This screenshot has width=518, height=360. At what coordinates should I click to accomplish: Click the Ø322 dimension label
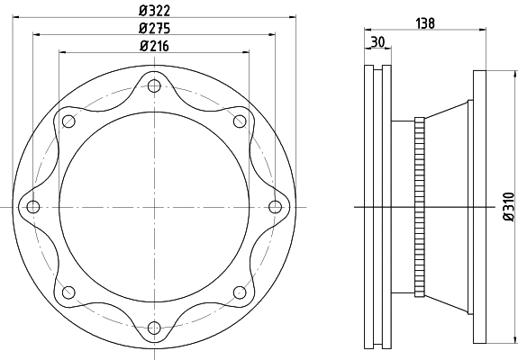tap(156, 10)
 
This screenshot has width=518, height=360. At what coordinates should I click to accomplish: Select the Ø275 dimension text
tap(156, 27)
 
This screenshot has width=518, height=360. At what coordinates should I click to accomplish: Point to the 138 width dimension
tap(427, 24)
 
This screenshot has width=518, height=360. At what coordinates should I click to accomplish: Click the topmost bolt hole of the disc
tap(155, 86)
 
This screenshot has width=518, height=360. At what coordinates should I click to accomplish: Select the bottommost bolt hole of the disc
tap(155, 327)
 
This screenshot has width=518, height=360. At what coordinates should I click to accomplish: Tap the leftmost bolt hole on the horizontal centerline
tap(34, 207)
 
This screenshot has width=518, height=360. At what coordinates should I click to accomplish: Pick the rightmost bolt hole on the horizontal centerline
tap(276, 207)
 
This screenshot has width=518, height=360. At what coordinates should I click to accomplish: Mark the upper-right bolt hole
tap(240, 121)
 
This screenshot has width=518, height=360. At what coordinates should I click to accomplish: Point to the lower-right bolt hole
tap(240, 292)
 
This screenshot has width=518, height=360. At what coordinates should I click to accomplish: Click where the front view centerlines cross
tap(155, 207)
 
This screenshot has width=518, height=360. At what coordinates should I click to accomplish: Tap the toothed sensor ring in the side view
tap(419, 207)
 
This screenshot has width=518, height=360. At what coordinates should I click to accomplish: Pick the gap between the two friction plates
tap(377, 207)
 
